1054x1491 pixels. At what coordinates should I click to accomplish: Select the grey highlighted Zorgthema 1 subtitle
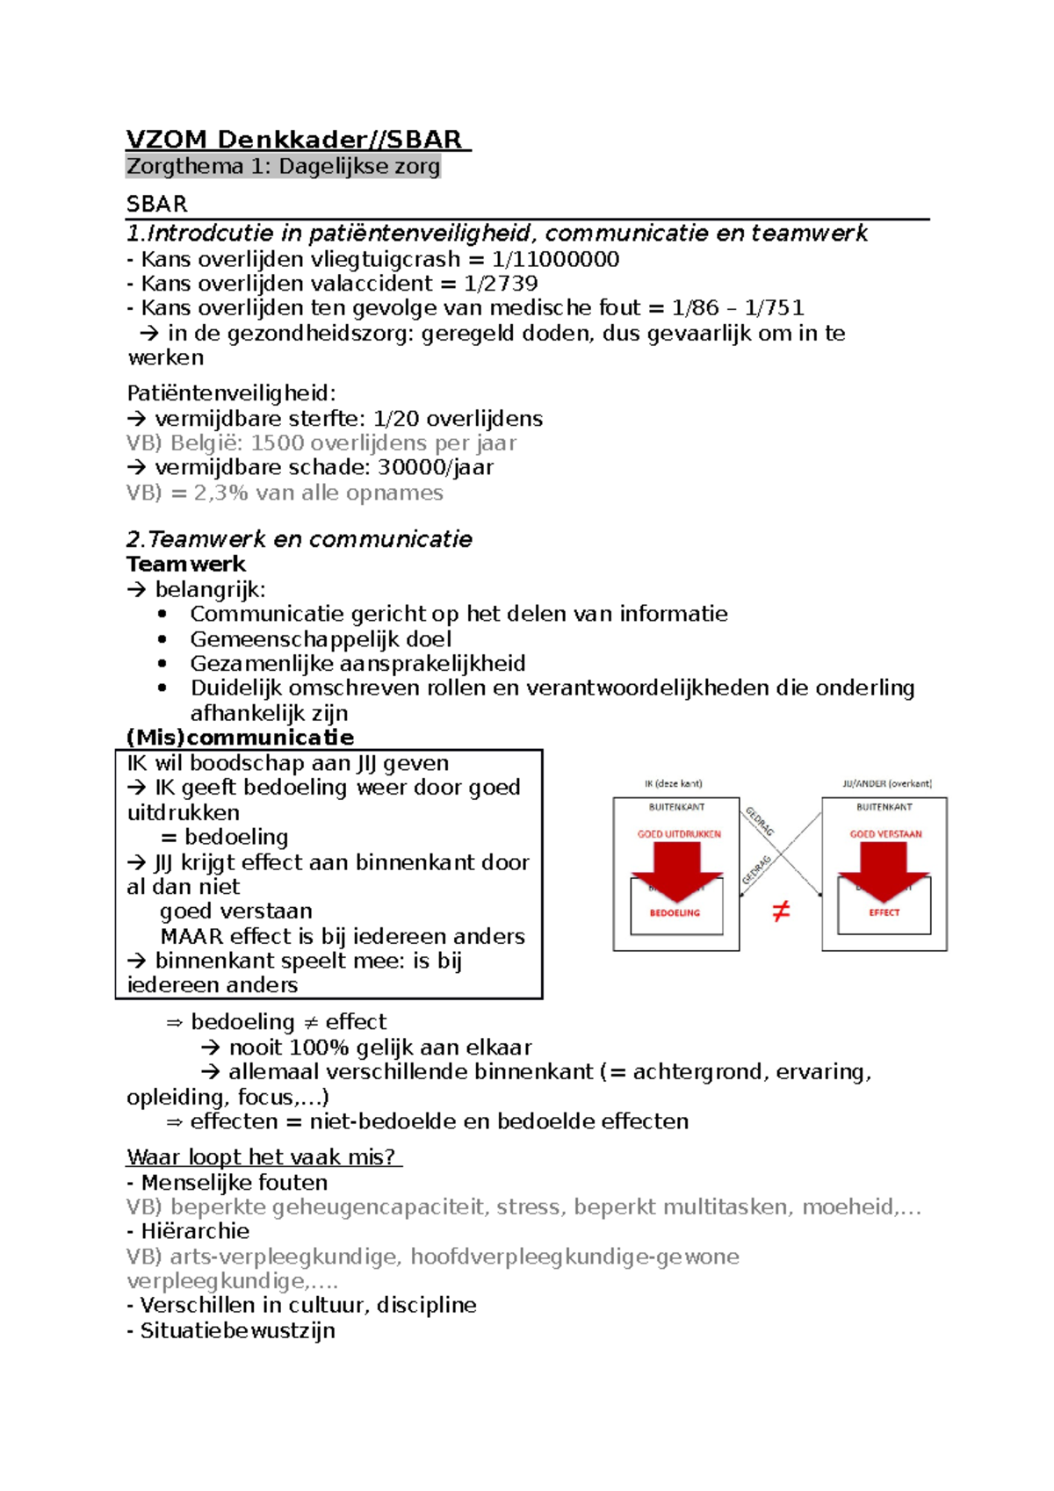283,166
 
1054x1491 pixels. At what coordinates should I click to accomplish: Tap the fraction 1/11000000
555,259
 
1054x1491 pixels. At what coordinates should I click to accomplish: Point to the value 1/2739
501,284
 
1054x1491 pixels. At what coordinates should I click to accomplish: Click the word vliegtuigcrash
385,259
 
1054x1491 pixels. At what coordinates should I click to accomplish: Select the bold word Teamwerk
186,564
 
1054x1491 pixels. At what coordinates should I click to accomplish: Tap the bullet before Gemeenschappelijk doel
162,639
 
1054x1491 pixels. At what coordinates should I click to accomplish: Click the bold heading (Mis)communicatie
240,737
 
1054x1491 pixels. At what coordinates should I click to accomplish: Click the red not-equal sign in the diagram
780,911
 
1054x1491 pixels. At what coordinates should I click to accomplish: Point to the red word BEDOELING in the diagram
675,913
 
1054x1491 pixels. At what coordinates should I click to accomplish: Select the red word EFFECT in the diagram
884,912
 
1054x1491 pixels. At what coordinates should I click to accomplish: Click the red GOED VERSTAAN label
885,834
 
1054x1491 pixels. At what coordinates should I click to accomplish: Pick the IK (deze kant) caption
673,783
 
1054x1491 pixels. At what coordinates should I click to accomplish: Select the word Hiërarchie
195,1231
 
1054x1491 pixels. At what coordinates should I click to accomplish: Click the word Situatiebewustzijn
237,1330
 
